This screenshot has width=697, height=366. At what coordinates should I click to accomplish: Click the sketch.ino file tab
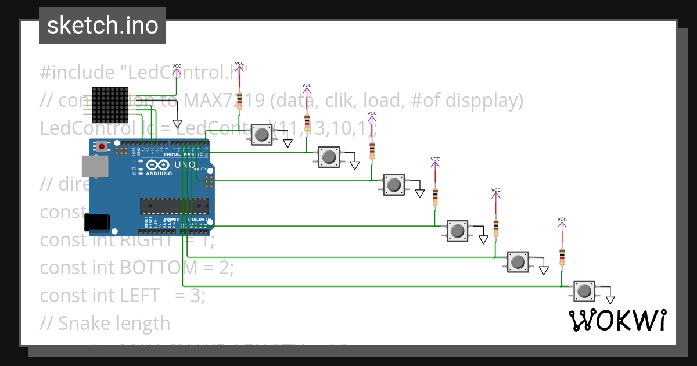(x=103, y=26)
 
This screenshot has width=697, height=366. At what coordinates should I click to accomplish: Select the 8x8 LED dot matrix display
(x=110, y=105)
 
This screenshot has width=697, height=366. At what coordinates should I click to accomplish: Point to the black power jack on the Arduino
(x=96, y=222)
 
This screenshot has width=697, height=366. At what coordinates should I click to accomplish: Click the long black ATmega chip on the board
(x=174, y=206)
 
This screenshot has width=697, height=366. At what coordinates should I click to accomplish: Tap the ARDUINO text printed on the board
(x=159, y=174)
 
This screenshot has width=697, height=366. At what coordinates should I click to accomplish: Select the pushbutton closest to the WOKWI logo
(x=584, y=290)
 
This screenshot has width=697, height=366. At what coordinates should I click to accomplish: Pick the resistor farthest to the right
(x=562, y=255)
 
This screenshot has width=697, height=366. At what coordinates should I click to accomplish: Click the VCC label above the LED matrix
(x=177, y=66)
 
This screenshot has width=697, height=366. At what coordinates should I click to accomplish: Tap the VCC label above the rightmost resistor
(x=562, y=220)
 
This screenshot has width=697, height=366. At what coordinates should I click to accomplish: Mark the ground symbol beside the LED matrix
(x=177, y=124)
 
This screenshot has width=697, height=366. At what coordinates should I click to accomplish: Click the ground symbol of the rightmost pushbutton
(x=610, y=299)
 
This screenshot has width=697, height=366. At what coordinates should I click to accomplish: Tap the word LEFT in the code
(x=139, y=295)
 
